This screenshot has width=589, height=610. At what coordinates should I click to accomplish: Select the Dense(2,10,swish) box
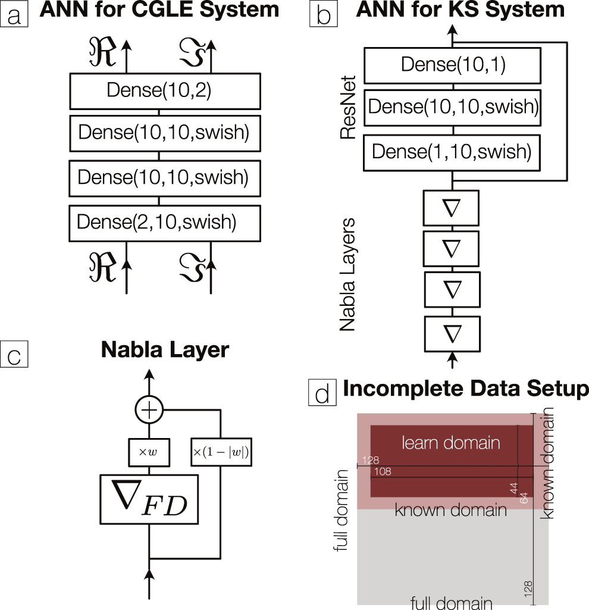pyautogui.click(x=165, y=223)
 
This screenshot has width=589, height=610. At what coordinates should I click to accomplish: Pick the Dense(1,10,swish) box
pyautogui.click(x=452, y=152)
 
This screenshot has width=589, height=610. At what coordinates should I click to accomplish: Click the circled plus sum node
pyautogui.click(x=149, y=410)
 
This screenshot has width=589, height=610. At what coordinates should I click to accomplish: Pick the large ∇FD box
pyautogui.click(x=149, y=499)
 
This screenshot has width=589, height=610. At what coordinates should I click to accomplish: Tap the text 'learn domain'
pyautogui.click(x=451, y=443)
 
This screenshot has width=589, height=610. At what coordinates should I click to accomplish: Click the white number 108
pyautogui.click(x=383, y=472)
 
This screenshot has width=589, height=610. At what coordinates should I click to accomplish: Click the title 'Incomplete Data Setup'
pyautogui.click(x=465, y=389)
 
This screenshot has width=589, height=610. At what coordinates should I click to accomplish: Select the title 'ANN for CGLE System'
pyautogui.click(x=159, y=10)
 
